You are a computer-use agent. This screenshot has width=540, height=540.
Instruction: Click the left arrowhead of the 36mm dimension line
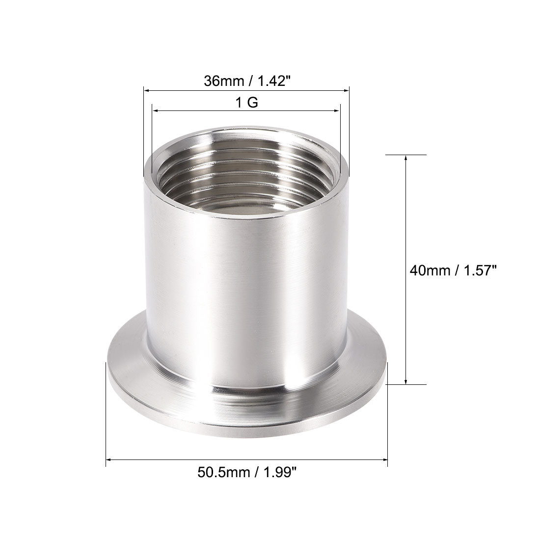tap(145, 90)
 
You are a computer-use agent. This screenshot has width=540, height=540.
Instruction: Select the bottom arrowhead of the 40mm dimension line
tap(405, 381)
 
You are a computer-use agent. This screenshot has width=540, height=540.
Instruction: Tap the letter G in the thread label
tap(254, 104)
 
